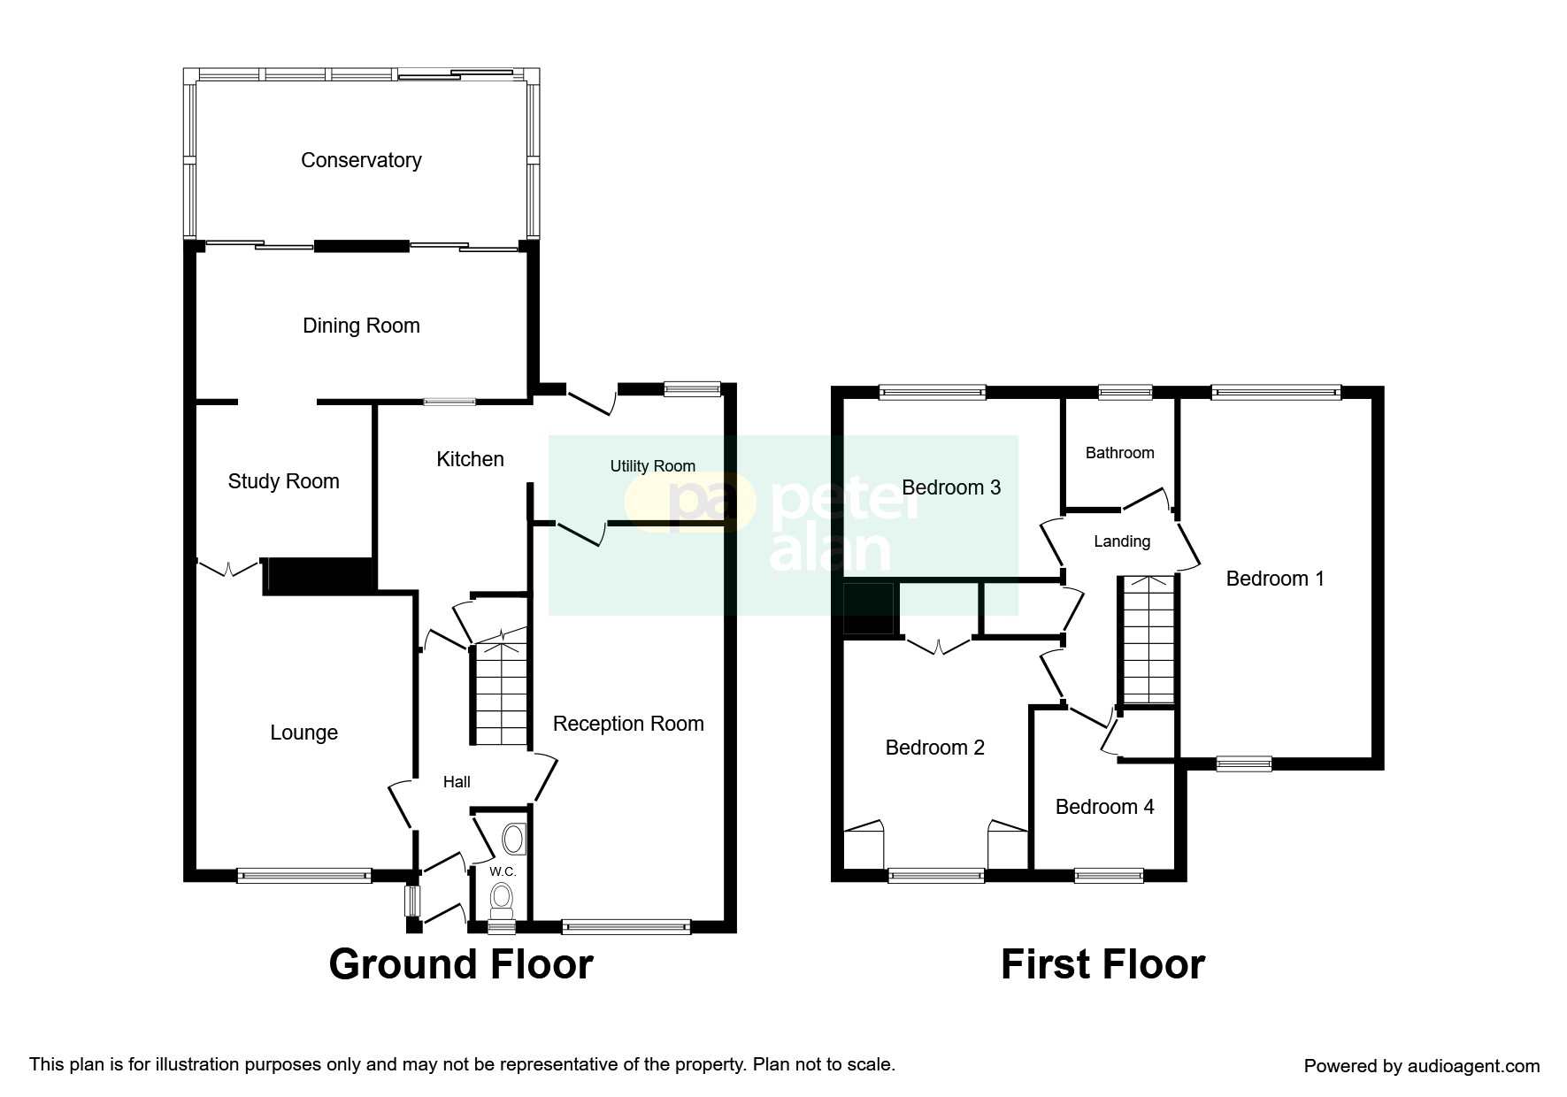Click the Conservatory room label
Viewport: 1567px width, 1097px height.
pyautogui.click(x=361, y=160)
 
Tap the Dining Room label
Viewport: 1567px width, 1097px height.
pyautogui.click(x=361, y=326)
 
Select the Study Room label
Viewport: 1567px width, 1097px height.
pyautogui.click(x=283, y=481)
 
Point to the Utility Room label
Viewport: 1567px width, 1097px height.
pyautogui.click(x=653, y=466)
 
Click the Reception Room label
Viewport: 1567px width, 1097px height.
pyautogui.click(x=628, y=724)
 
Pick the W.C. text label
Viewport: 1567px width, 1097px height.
pyautogui.click(x=503, y=871)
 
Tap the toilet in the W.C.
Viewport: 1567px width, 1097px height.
pyautogui.click(x=503, y=900)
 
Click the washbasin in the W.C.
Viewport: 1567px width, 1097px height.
pyautogui.click(x=514, y=839)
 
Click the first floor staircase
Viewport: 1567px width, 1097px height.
pyautogui.click(x=1148, y=640)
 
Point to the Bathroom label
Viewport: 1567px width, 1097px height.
pyautogui.click(x=1119, y=453)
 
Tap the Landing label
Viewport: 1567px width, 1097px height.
pyautogui.click(x=1122, y=541)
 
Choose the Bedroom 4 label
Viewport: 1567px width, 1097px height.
pyautogui.click(x=1105, y=807)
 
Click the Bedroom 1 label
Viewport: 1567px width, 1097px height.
pyautogui.click(x=1275, y=579)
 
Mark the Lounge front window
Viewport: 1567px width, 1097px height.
pyautogui.click(x=304, y=876)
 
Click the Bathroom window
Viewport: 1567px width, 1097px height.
pyautogui.click(x=1125, y=392)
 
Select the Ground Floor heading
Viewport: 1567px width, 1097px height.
pyautogui.click(x=461, y=964)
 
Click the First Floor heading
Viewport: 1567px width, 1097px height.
pyautogui.click(x=1102, y=964)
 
